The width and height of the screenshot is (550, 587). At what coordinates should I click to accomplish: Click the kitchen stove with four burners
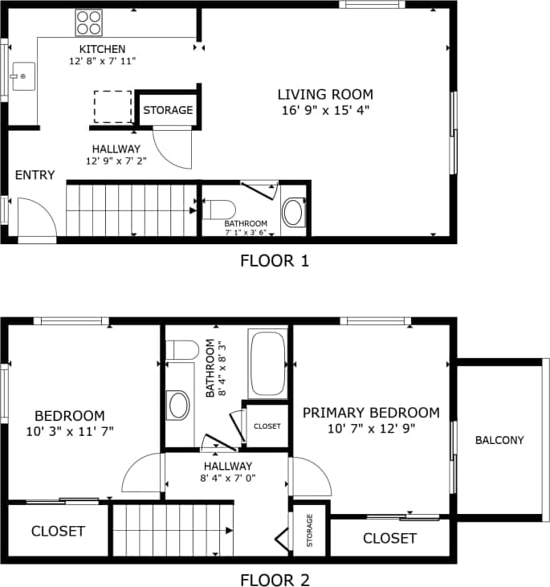click(89, 22)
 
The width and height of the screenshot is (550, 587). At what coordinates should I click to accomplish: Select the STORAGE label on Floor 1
click(168, 110)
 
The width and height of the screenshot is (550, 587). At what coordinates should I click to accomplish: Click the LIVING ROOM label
click(325, 94)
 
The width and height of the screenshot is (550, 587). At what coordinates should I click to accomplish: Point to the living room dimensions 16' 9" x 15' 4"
click(325, 110)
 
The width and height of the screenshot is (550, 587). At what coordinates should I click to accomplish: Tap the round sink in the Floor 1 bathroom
click(294, 213)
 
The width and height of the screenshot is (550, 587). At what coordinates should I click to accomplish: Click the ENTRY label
click(35, 175)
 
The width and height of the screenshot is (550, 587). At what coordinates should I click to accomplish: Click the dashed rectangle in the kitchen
click(112, 107)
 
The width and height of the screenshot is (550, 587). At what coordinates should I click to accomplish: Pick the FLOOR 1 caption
click(275, 260)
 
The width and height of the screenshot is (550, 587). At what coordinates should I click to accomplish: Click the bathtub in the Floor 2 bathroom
click(267, 362)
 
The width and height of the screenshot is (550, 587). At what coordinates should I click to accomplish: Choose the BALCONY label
click(499, 440)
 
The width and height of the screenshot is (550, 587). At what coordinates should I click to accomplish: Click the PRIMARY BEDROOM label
click(371, 413)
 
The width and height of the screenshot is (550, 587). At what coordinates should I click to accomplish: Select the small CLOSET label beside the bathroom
click(267, 426)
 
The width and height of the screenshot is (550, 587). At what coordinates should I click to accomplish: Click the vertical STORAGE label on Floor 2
click(310, 531)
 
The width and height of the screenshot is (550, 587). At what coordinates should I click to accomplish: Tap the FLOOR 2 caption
click(275, 579)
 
